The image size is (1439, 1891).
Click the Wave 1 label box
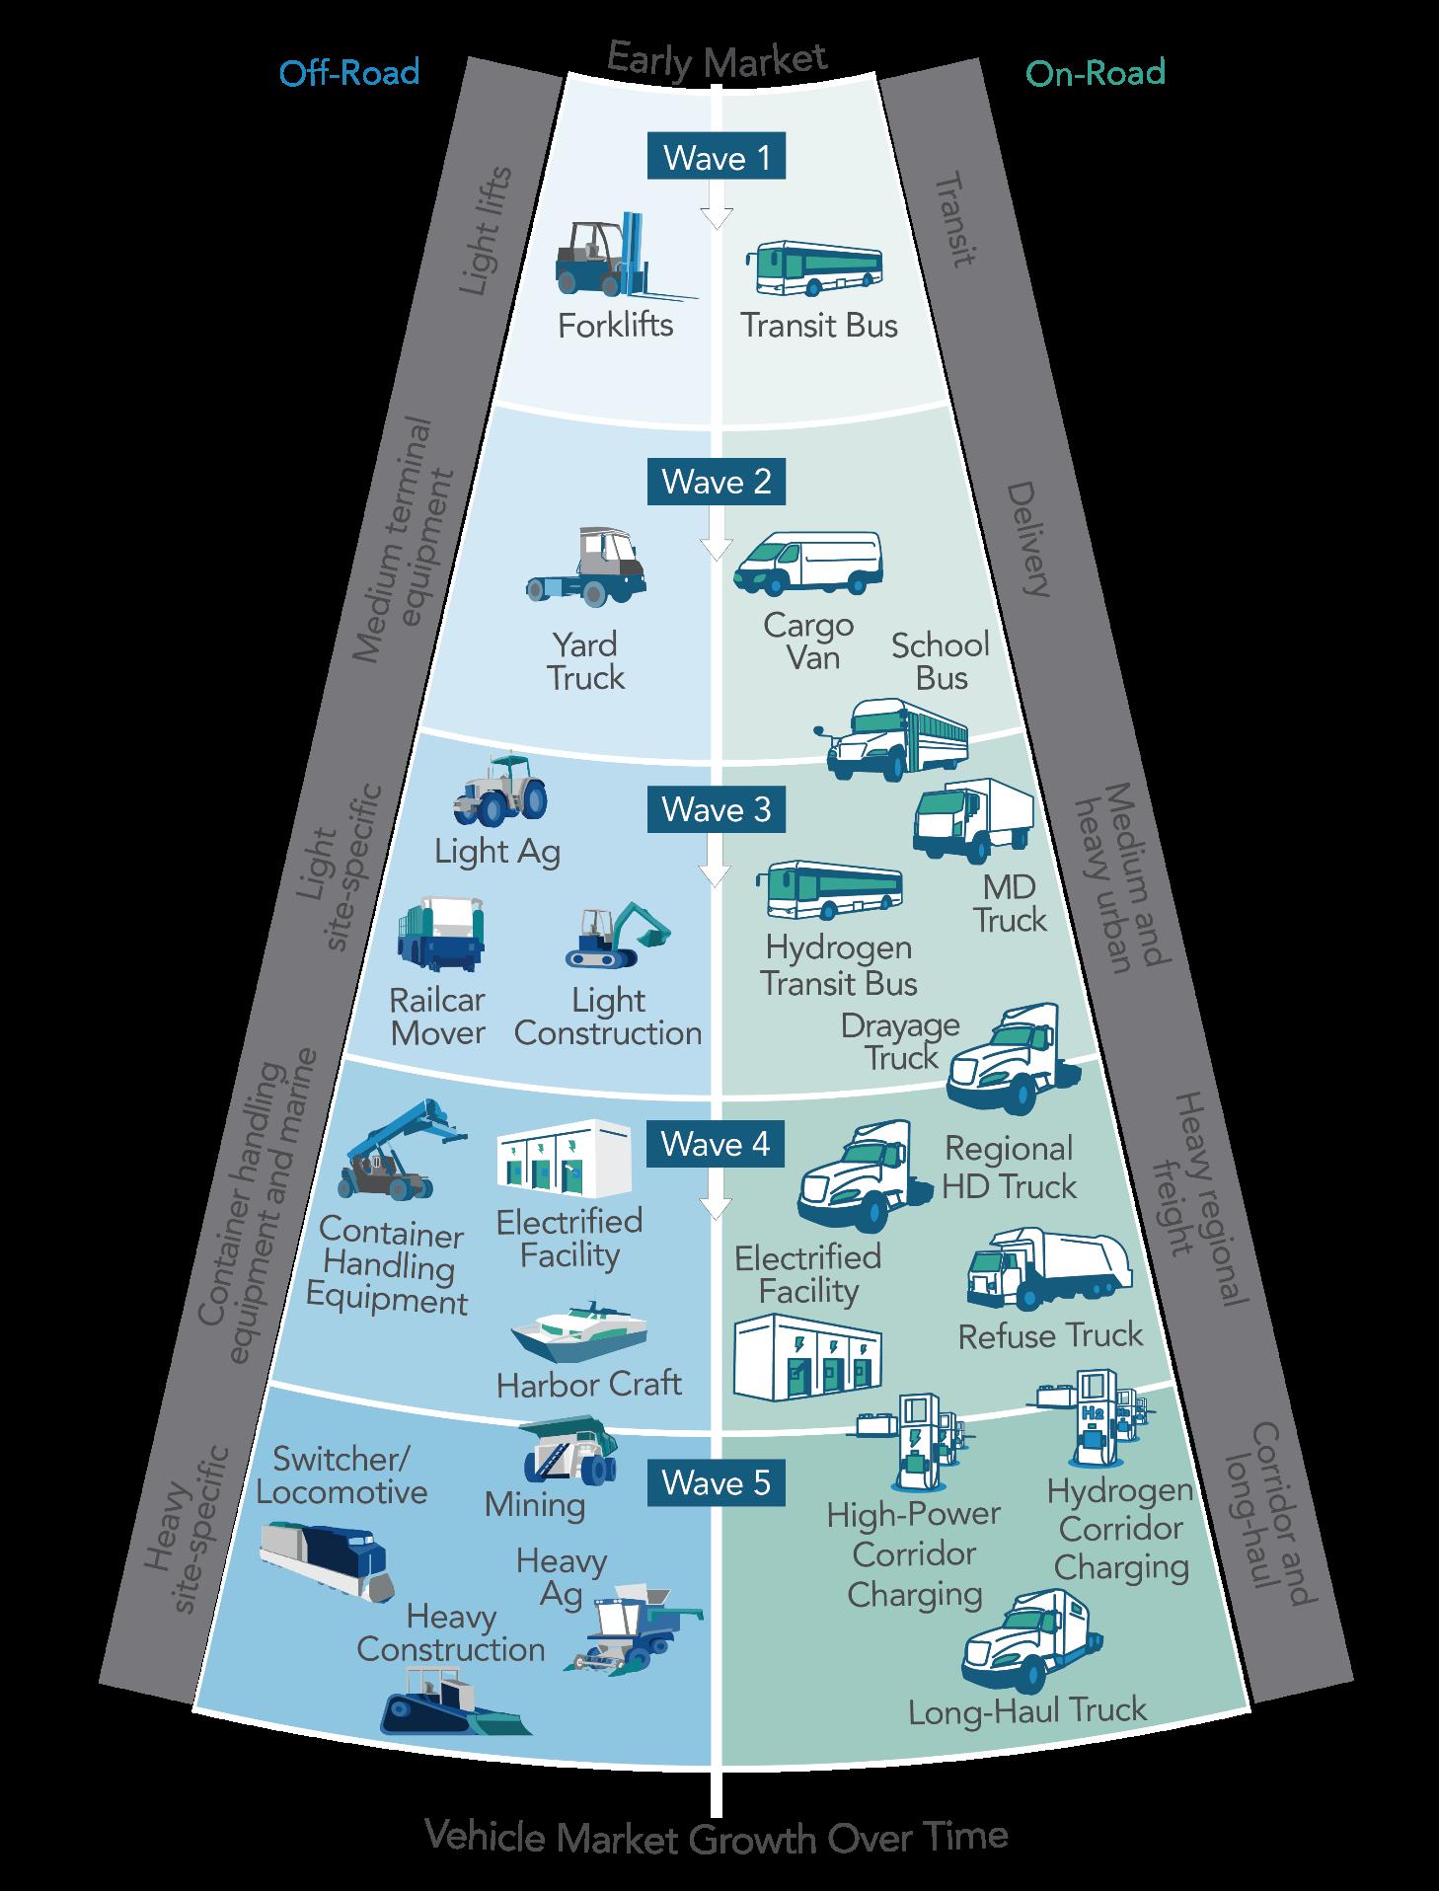716,158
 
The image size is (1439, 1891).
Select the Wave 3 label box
716,809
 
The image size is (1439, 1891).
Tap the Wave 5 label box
716,1483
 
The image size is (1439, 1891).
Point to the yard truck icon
587,567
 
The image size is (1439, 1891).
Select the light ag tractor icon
500,790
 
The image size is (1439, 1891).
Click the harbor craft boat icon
579,1331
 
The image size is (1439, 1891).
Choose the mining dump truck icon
569,1452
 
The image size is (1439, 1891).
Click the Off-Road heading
348,73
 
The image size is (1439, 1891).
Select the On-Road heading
1096,73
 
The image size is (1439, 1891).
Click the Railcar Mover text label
437,1017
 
